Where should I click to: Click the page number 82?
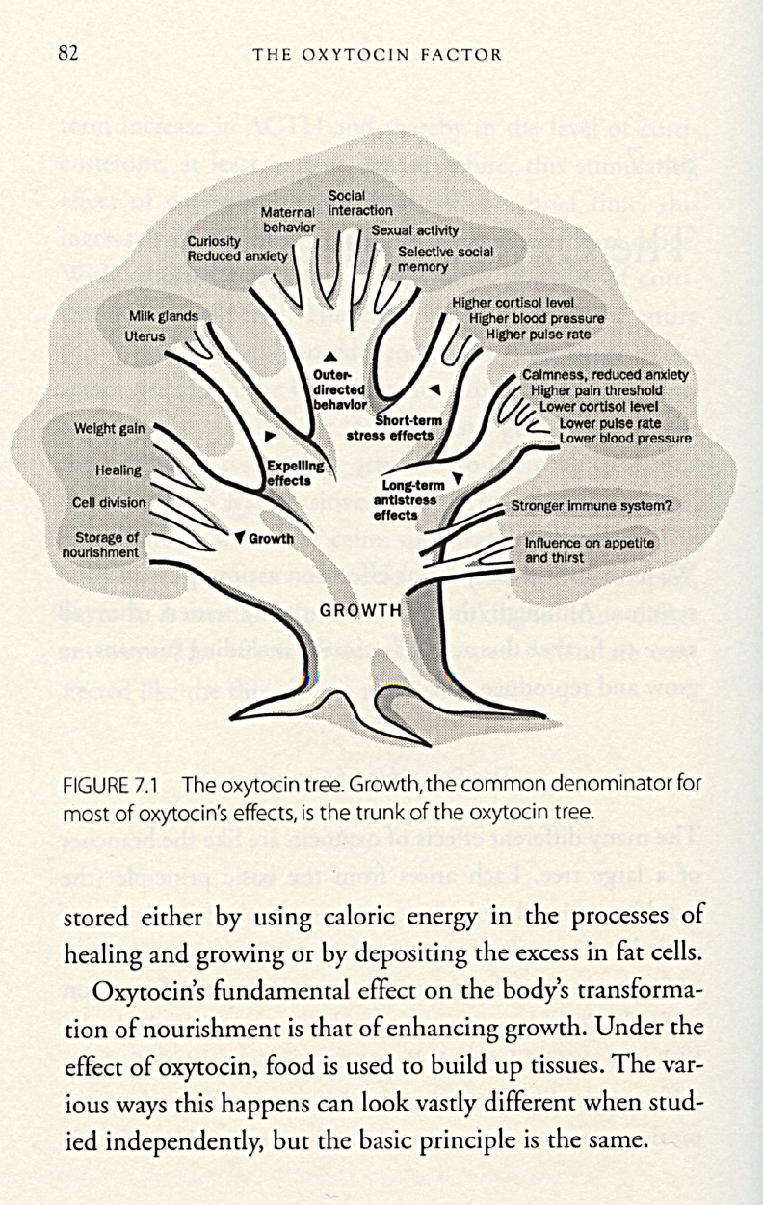67,53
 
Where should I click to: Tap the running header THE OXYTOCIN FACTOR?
377,54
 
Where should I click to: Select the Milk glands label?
164,316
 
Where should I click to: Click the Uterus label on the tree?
145,335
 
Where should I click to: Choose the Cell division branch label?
109,502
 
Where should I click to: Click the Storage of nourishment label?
100,545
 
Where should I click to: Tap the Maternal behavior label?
289,219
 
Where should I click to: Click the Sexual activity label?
415,231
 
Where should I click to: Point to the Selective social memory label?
445,258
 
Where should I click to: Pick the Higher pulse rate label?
539,335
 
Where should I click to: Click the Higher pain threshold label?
596,390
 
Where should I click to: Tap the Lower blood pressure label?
625,439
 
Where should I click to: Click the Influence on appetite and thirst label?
589,550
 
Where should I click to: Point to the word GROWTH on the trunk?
360,610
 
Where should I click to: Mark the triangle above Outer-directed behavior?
330,357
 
